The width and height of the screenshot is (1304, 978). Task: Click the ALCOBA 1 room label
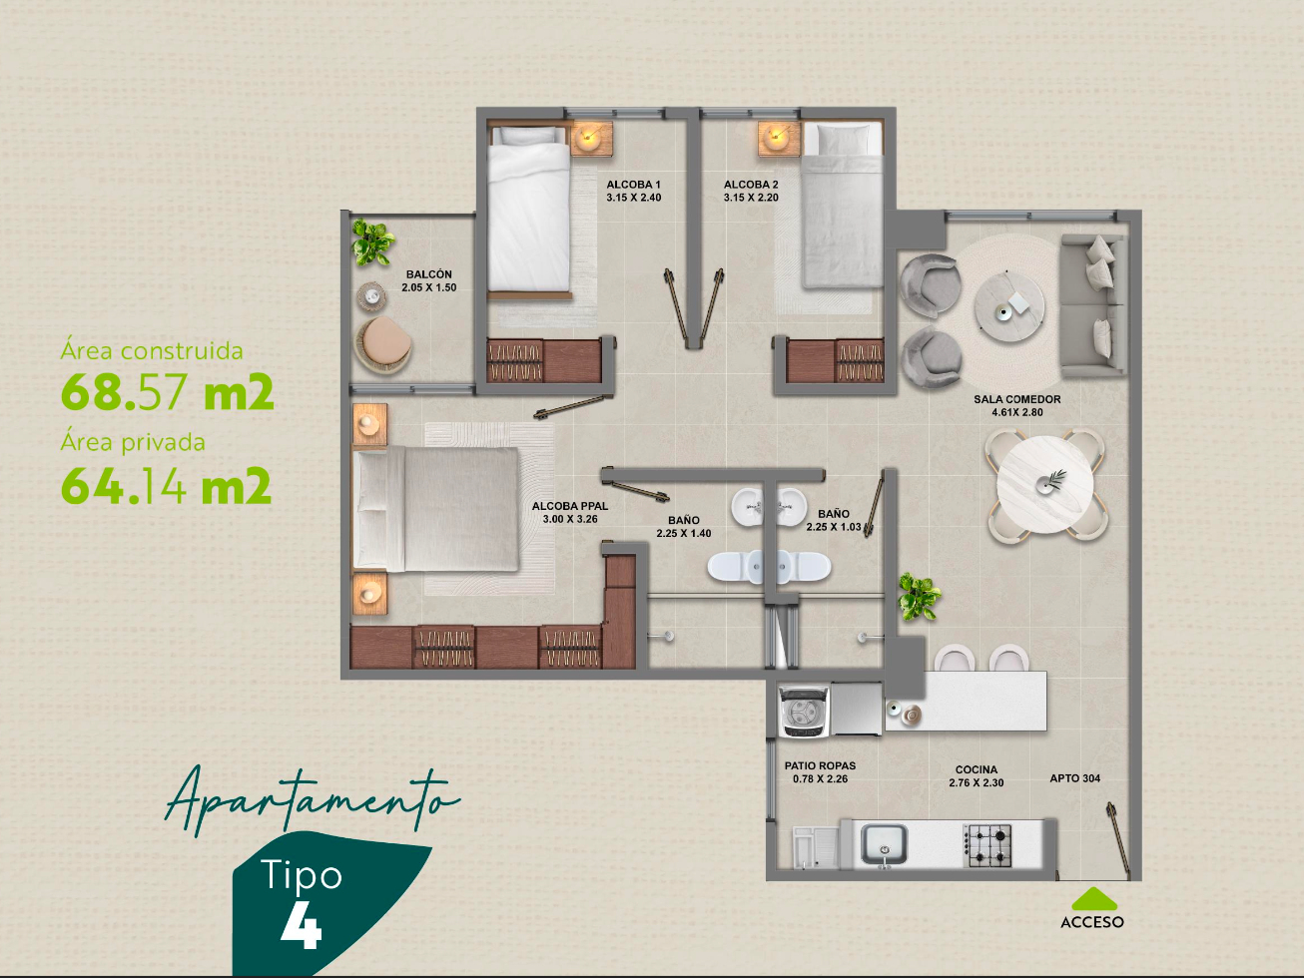pyautogui.click(x=633, y=185)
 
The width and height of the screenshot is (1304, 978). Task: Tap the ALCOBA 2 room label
pyautogui.click(x=751, y=185)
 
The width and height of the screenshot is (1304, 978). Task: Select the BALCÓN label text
pyautogui.click(x=429, y=274)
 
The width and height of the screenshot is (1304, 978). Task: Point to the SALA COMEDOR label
pyautogui.click(x=1017, y=399)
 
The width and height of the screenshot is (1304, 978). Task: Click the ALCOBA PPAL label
pyautogui.click(x=570, y=507)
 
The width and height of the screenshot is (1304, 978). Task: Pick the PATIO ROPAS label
pyautogui.click(x=820, y=766)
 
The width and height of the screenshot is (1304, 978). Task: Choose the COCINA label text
pyautogui.click(x=977, y=769)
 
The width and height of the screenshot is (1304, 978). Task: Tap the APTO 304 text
pyautogui.click(x=1074, y=778)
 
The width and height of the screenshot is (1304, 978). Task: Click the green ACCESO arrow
pyautogui.click(x=1094, y=899)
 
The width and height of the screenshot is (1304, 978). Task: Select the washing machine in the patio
pyautogui.click(x=804, y=712)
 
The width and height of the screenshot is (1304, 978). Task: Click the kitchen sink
pyautogui.click(x=884, y=845)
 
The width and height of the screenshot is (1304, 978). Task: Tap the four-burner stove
pyautogui.click(x=986, y=845)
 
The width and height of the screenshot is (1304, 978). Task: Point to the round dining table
pyautogui.click(x=1045, y=485)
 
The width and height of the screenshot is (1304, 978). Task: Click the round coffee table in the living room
pyautogui.click(x=1008, y=306)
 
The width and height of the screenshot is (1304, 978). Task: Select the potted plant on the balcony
pyautogui.click(x=371, y=243)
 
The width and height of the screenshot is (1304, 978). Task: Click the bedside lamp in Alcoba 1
pyautogui.click(x=591, y=139)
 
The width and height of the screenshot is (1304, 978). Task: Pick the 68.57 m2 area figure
pyautogui.click(x=168, y=392)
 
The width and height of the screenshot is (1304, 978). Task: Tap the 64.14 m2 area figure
pyautogui.click(x=167, y=485)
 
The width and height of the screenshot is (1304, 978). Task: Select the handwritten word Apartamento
pyautogui.click(x=314, y=801)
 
